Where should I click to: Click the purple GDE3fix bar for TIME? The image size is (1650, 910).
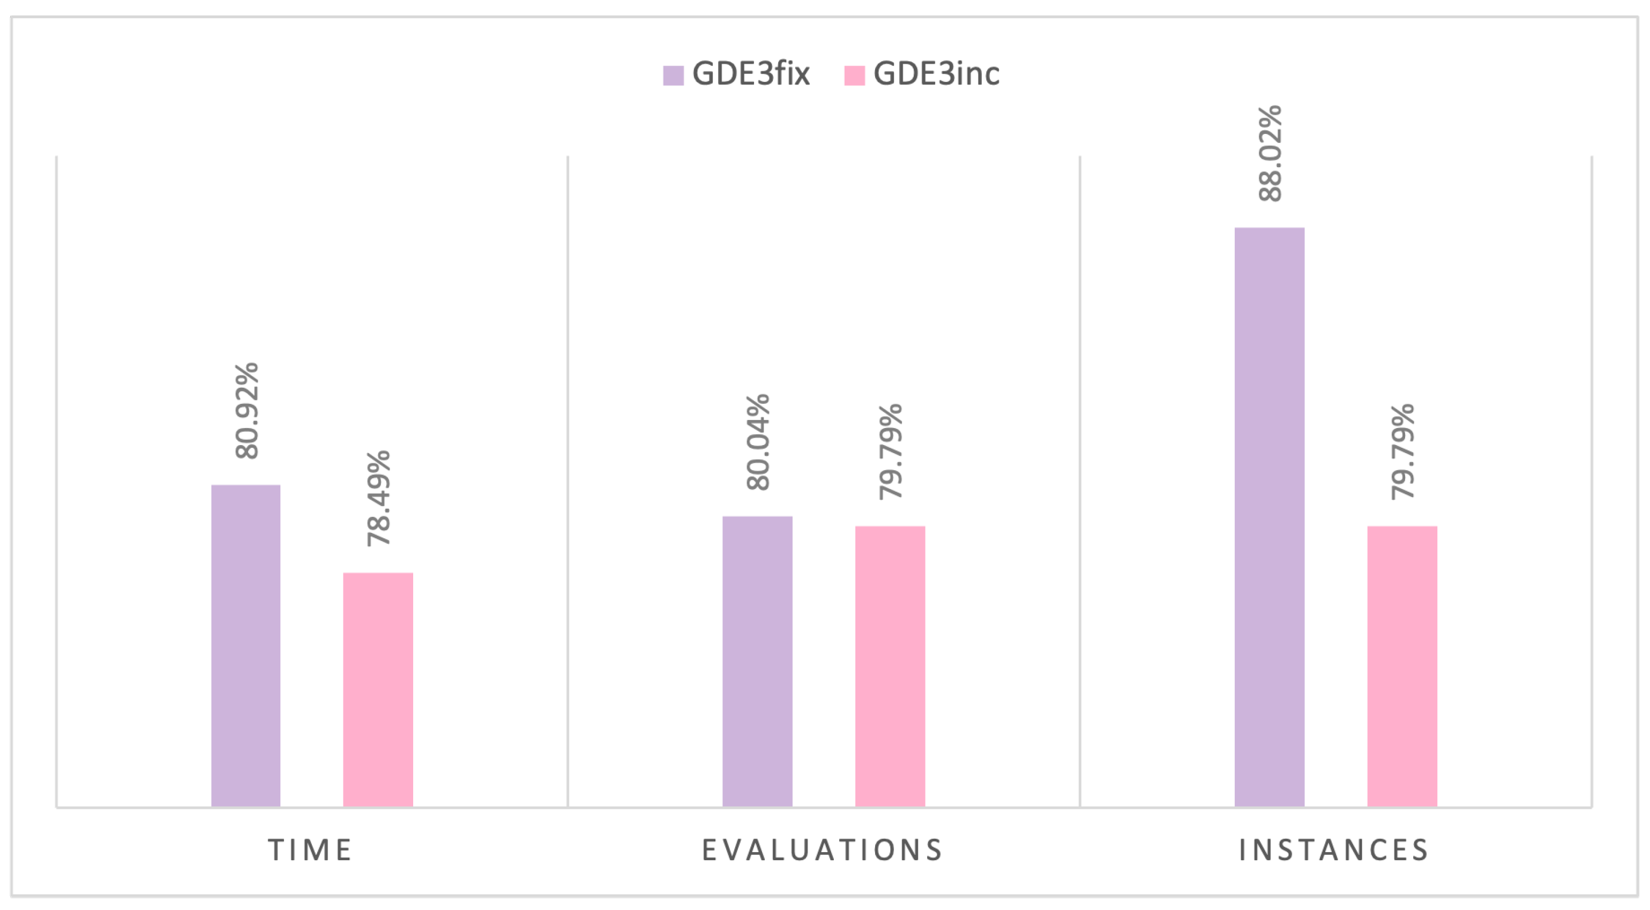(x=245, y=645)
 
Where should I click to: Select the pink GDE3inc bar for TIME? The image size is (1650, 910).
(x=378, y=689)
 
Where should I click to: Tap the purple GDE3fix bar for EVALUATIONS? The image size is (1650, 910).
(x=757, y=661)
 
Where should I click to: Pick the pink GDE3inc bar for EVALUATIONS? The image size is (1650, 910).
(x=890, y=666)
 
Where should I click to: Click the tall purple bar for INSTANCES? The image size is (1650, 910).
(x=1269, y=516)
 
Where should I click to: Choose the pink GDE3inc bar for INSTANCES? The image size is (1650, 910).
(x=1402, y=666)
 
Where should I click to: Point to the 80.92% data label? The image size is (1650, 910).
(x=247, y=410)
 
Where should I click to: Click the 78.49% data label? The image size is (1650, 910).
(x=378, y=498)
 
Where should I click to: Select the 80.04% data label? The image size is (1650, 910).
(x=758, y=442)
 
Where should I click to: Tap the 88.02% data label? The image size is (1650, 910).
(x=1270, y=154)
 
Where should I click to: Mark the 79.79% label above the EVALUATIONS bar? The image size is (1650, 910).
(x=890, y=452)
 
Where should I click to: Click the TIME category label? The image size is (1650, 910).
(x=310, y=851)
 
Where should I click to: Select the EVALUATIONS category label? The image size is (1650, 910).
(x=823, y=851)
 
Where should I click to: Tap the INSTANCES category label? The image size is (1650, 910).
(x=1334, y=851)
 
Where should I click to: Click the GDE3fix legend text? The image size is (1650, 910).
(x=751, y=73)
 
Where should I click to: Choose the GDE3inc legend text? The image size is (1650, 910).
(x=936, y=73)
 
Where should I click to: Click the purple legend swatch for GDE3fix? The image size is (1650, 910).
(x=673, y=75)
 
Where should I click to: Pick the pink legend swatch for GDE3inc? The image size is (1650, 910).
(x=854, y=75)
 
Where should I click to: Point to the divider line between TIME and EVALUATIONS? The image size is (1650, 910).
(x=568, y=480)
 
